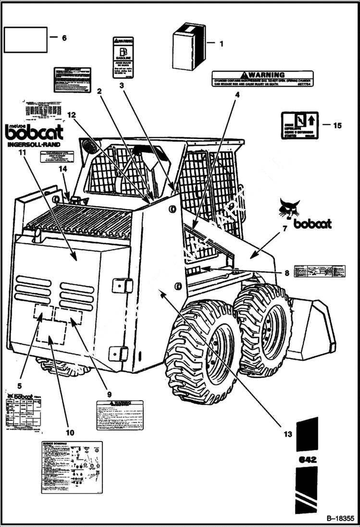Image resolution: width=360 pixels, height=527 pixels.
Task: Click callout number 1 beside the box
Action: (x=221, y=44)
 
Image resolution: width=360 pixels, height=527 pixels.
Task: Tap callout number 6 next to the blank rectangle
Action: (x=64, y=38)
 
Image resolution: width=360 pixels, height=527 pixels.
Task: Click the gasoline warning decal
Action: (x=123, y=58)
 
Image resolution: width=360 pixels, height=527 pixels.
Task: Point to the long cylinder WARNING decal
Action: (x=262, y=79)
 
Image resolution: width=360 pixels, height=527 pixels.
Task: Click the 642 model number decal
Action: (x=307, y=459)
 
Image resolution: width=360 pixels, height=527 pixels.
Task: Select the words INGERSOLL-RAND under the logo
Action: (x=34, y=145)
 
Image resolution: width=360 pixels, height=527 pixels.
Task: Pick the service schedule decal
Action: (x=72, y=467)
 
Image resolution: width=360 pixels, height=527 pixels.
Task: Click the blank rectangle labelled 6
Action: (x=26, y=39)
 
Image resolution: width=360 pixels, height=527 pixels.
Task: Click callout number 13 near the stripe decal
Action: (x=287, y=434)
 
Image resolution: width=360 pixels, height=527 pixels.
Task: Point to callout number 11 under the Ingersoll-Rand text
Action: (x=22, y=152)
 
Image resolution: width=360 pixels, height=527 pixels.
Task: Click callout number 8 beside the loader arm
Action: (x=286, y=273)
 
